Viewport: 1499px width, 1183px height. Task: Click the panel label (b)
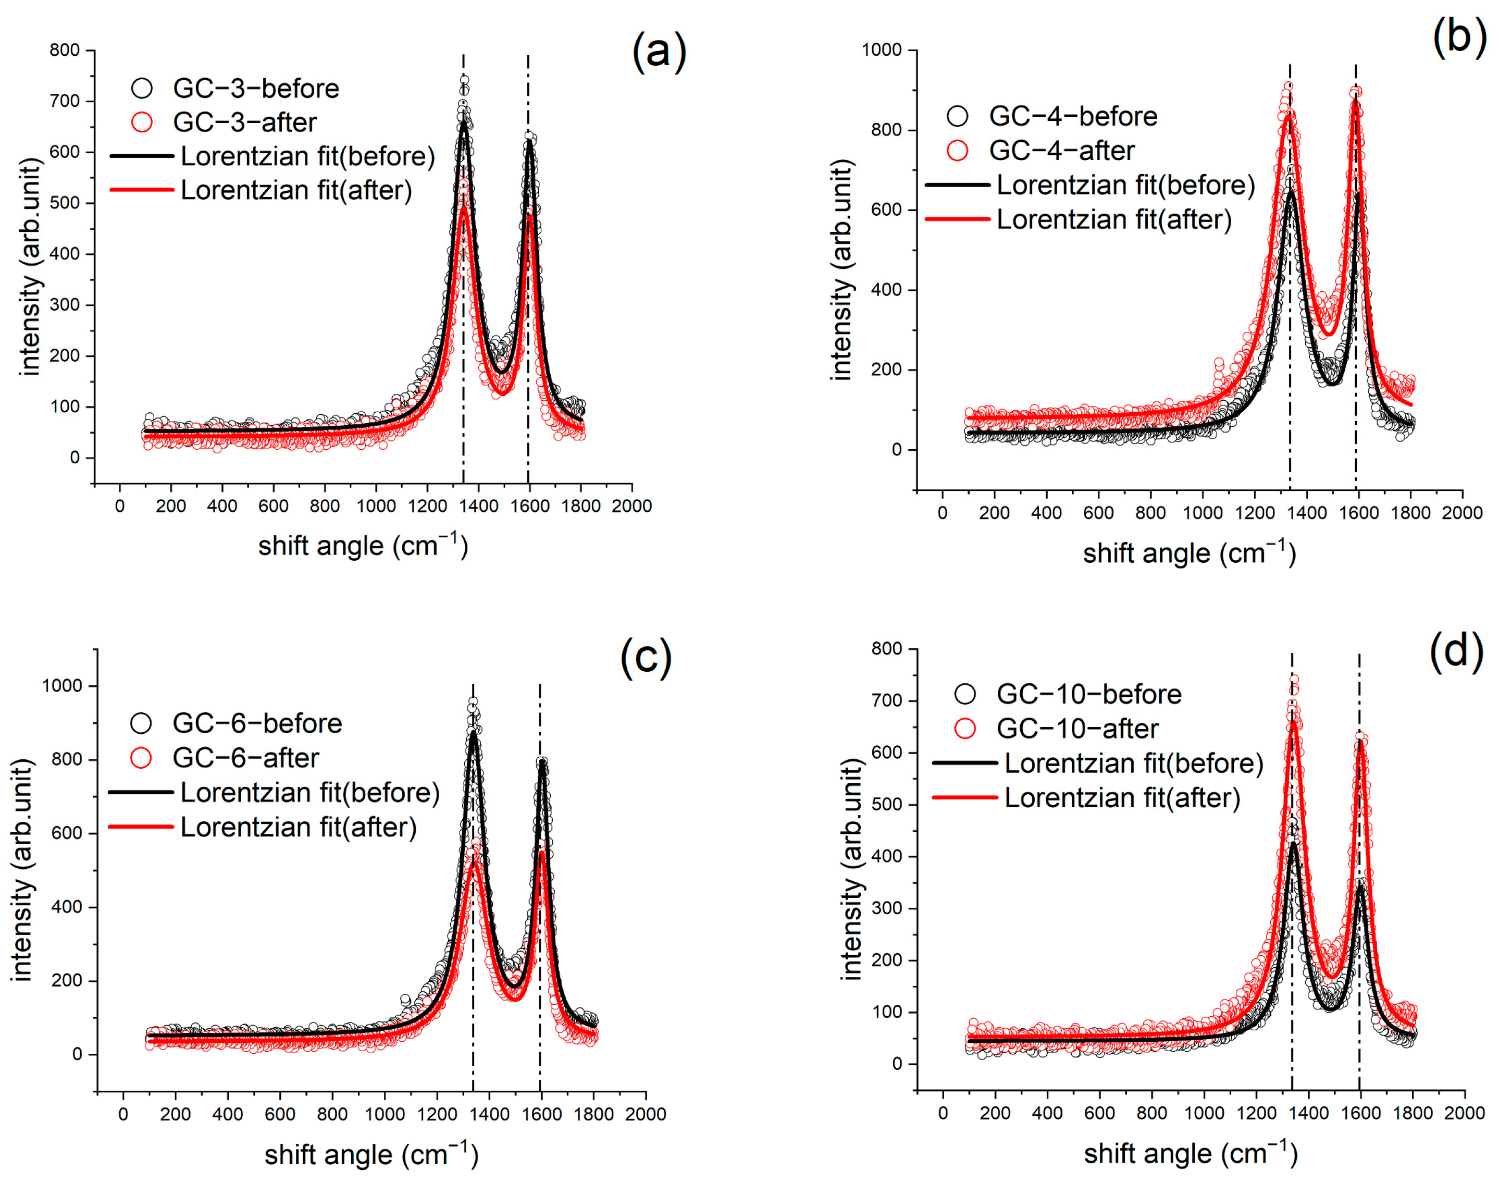(1459, 36)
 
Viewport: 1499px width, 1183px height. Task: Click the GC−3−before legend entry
(255, 89)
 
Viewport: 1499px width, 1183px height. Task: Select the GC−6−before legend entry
(257, 723)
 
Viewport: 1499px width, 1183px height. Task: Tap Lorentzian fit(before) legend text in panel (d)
(1133, 763)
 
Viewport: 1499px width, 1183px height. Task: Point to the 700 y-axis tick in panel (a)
(65, 101)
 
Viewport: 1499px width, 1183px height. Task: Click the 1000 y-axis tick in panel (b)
(881, 50)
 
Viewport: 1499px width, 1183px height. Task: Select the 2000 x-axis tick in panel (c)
(646, 1114)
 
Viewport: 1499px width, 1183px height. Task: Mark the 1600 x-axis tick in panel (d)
(1360, 1113)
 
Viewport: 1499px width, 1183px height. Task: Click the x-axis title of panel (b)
(1189, 553)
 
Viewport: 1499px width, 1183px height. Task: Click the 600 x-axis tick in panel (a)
(273, 507)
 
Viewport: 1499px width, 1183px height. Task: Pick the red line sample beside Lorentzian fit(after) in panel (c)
(141, 827)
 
